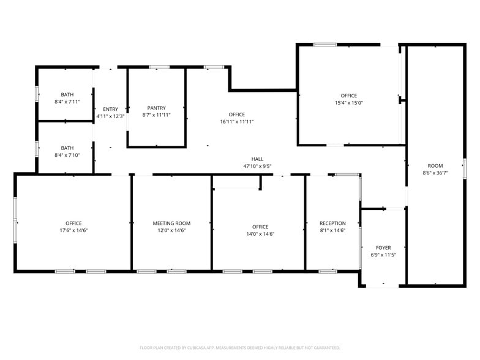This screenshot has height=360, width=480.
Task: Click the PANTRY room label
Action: pos(157,108)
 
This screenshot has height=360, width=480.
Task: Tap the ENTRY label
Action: pos(110,109)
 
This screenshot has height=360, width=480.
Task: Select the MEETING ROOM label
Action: pos(171,223)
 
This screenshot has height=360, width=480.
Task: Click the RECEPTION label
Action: pos(332,223)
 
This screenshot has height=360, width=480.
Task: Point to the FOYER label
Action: pos(383,248)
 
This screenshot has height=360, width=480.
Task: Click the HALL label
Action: pos(257,159)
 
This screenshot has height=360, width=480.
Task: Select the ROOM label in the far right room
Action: pos(435,166)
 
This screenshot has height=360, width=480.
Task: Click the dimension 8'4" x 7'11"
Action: pos(67,102)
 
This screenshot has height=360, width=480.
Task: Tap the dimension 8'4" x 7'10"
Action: pos(67,155)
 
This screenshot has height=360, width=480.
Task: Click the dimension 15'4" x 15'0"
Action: pos(349,103)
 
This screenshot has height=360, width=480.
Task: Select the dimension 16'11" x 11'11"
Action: pos(236,122)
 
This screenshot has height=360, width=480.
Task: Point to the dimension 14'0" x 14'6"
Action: pos(260,233)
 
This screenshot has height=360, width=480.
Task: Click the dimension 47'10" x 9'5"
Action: pos(257,166)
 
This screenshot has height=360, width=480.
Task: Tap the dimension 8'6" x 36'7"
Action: pos(435,173)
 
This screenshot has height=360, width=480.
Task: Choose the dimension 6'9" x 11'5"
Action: pos(383,255)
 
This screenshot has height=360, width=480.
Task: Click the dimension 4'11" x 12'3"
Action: pos(110,116)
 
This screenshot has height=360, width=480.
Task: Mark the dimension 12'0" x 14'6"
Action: pos(171,230)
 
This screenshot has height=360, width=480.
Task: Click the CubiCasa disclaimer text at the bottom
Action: pos(240,347)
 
